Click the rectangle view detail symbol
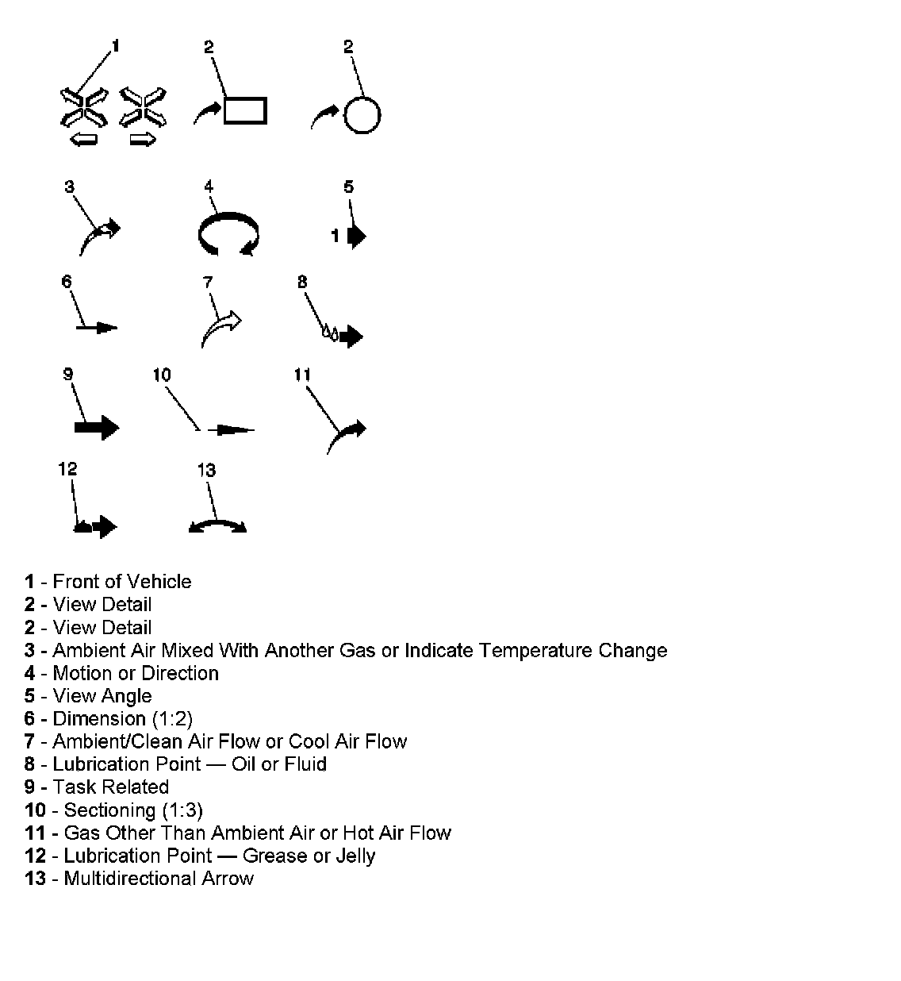pos(245,110)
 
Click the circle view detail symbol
pos(362,116)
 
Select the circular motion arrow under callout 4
pos(228,235)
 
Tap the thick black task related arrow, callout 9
pos(96,428)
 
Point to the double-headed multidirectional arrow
pos(217,525)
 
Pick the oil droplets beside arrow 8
pos(329,332)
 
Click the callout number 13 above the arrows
pos(206,470)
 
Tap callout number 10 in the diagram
pos(162,375)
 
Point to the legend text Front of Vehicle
pos(122,582)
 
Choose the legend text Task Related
pos(110,787)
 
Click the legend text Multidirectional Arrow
pos(159,879)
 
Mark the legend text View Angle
pos(102,696)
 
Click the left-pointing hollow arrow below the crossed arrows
pos(83,140)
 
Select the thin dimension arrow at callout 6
pos(98,327)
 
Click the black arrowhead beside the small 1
pos(356,236)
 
